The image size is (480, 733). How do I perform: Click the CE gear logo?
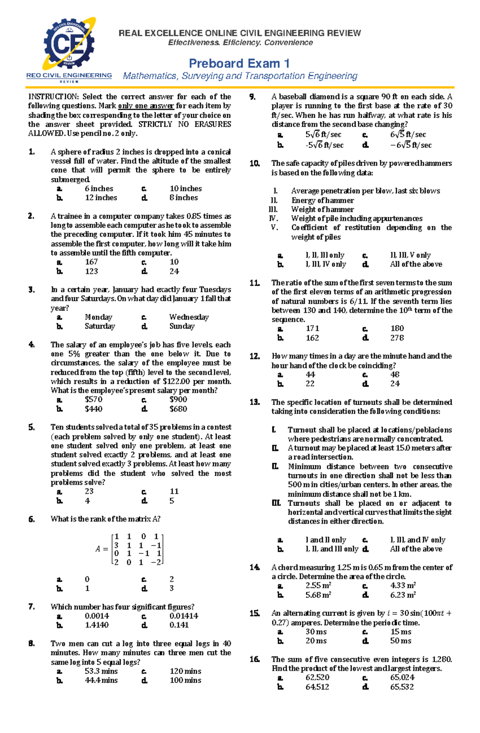pos(69,45)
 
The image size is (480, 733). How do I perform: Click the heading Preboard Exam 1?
pos(239,64)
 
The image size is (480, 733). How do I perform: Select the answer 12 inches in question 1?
pos(101,198)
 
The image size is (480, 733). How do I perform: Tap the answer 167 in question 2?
pos(91,262)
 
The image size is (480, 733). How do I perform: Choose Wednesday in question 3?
pos(189,317)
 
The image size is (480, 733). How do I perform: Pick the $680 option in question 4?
pos(178,409)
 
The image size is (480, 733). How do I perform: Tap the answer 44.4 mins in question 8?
pos(101,680)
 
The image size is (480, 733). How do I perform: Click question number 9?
pos(252,97)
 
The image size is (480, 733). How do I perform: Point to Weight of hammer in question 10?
pos(322,209)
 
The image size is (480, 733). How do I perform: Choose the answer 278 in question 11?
pos(397,338)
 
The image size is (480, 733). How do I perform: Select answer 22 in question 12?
pos(310,384)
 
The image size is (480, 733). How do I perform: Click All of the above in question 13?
pos(416,549)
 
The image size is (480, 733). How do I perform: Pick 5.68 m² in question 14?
pos(318,595)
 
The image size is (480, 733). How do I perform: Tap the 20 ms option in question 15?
pos(316,641)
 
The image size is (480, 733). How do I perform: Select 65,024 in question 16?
pos(402,677)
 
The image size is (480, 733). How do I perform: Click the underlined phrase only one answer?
pos(146,106)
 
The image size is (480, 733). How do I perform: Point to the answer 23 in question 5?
pos(89,492)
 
